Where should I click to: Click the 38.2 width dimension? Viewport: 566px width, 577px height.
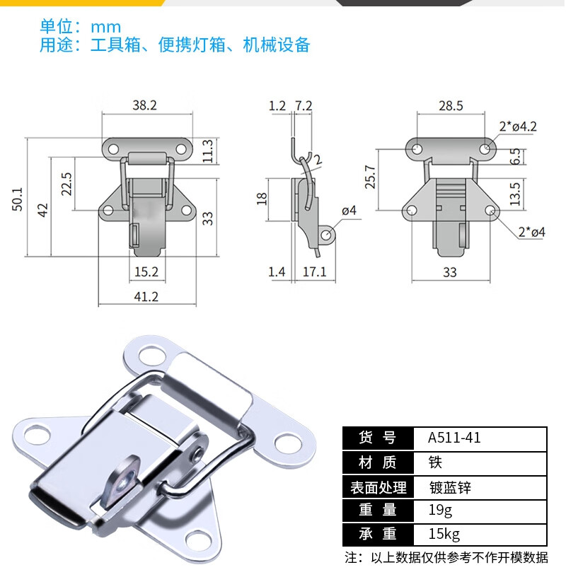(x=144, y=105)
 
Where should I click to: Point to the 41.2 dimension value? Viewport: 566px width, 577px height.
(x=146, y=297)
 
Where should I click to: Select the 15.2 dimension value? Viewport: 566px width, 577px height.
(x=146, y=272)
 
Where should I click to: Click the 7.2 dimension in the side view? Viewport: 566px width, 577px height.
(x=304, y=106)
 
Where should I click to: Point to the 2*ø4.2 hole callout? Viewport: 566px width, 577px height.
(x=517, y=127)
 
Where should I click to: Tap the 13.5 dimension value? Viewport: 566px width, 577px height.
(x=514, y=193)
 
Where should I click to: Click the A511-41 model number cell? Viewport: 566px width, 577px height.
(x=454, y=438)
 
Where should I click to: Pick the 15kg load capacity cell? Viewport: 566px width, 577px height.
(x=444, y=534)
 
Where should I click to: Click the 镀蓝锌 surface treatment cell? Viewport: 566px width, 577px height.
(x=450, y=486)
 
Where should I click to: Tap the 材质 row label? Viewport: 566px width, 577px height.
(x=378, y=462)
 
